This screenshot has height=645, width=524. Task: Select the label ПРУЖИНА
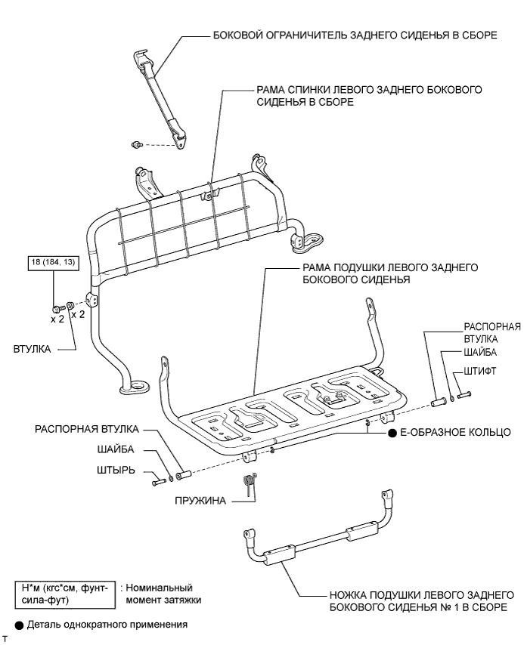pos(200,499)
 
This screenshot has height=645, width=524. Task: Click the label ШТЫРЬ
pos(117,470)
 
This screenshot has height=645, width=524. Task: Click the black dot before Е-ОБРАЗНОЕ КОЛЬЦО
pos(392,433)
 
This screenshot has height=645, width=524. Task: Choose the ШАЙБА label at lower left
pos(116,449)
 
